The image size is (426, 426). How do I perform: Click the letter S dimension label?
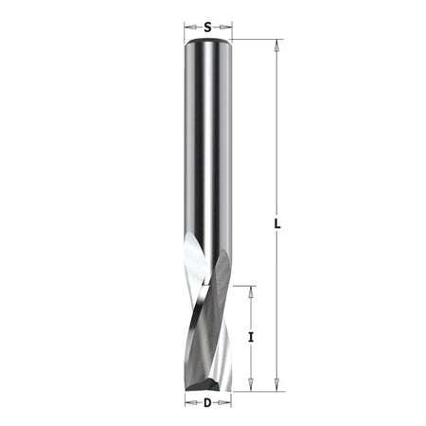point(207,27)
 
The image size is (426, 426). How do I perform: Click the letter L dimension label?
point(277,224)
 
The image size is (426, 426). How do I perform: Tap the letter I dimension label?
point(251,338)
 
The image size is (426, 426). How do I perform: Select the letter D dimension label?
point(207,403)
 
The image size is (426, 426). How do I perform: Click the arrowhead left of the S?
point(190,27)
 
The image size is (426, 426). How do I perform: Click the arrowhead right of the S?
point(225,27)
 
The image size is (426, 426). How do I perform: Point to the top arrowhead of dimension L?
point(276,45)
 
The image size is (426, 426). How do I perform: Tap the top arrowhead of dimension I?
point(251,293)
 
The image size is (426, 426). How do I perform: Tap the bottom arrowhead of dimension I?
point(251,385)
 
